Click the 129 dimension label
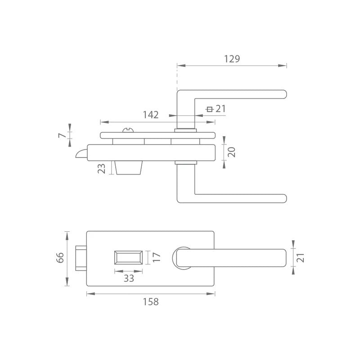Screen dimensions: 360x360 [232, 59]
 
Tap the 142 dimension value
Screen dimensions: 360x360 [151, 115]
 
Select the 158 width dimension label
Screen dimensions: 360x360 [151, 301]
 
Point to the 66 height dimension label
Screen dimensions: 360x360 [60, 257]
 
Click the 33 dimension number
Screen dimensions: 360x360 [129, 278]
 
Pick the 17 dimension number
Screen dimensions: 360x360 [156, 257]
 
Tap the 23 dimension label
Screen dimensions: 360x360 [102, 168]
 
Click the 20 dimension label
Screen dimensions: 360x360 [231, 152]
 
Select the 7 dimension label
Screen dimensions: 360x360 [62, 135]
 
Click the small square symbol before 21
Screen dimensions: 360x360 [209, 109]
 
